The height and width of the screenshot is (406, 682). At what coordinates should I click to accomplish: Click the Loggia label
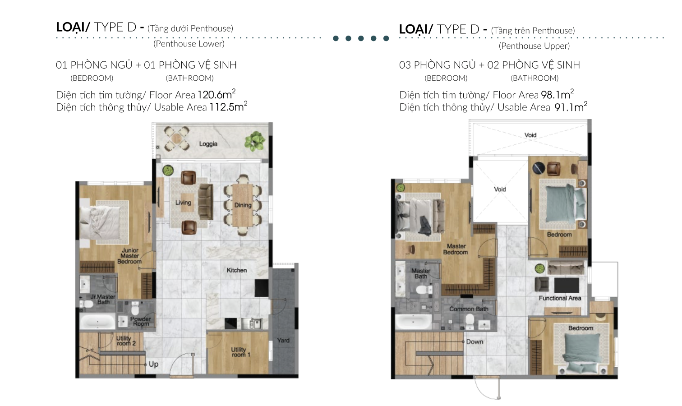(208, 144)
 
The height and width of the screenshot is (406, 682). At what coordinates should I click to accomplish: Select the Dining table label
(243, 205)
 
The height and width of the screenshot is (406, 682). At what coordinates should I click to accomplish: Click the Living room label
(183, 203)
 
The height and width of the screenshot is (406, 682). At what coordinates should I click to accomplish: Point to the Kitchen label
(236, 270)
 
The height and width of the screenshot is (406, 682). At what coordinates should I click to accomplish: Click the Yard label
(283, 341)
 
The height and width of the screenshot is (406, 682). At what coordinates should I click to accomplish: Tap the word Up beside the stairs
(153, 364)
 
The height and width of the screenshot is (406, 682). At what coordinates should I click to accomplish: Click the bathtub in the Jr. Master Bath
(97, 322)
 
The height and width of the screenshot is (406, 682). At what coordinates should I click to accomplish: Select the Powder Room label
(141, 321)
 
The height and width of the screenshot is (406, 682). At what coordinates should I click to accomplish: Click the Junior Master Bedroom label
(130, 256)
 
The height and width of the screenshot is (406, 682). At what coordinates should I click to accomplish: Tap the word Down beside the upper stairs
(475, 342)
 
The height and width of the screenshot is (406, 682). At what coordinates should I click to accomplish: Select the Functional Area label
(560, 298)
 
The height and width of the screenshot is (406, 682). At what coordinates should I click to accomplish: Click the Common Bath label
(469, 309)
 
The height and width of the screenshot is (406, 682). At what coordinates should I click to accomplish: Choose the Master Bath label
(421, 273)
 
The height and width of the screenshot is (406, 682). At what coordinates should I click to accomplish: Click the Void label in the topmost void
(530, 135)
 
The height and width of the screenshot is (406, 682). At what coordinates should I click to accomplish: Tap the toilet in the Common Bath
(470, 322)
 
